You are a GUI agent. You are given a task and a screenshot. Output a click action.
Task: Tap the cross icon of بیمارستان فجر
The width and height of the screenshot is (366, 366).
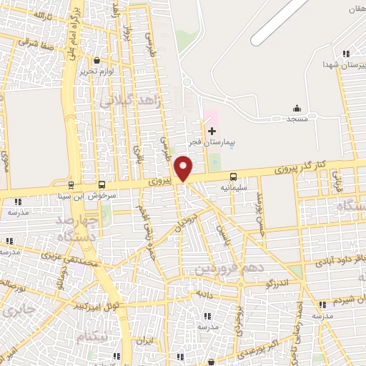tap(211, 131)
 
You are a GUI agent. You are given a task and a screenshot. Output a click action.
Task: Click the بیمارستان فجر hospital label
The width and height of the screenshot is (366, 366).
tap(211, 143)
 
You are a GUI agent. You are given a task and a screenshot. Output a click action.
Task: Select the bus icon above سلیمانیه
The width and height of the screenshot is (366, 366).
tap(233, 176)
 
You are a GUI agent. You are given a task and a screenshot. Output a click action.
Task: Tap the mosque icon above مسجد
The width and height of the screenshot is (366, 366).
tap(297, 109)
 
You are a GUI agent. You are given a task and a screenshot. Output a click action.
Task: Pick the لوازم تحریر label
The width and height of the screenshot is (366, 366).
tap(97, 73)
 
